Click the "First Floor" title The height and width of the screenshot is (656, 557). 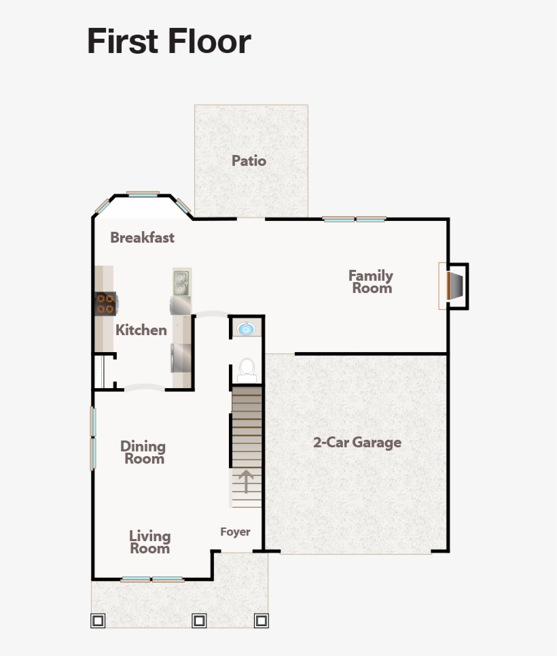click(x=169, y=41)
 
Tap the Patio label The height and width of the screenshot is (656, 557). click(x=249, y=161)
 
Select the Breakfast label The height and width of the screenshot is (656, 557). click(x=142, y=238)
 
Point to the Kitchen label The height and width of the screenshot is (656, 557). click(x=141, y=330)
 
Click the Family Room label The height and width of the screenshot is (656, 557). click(x=371, y=281)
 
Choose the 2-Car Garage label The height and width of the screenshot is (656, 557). click(x=357, y=443)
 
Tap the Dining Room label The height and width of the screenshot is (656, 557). click(x=143, y=452)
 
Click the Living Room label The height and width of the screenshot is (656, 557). click(x=149, y=542)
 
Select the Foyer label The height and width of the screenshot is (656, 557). click(x=235, y=532)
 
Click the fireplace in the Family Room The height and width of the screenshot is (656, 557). click(x=455, y=286)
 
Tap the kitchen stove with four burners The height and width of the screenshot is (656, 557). click(x=105, y=303)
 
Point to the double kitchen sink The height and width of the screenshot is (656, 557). click(x=181, y=283)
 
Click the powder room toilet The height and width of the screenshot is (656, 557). click(x=247, y=370)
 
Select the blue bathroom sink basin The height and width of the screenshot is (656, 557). click(x=246, y=330)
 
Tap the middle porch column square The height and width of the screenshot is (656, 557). click(x=199, y=621)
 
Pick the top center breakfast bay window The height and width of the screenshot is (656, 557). click(x=143, y=194)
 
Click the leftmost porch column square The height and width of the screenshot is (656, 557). click(x=98, y=621)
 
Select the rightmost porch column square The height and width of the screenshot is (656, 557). click(x=261, y=621)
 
